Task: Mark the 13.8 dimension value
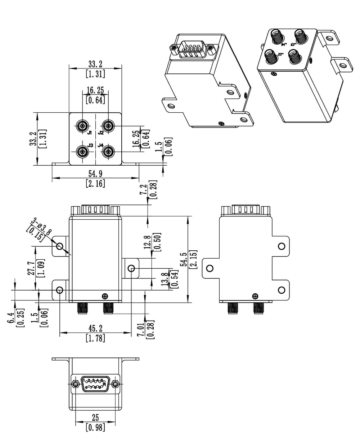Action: [165, 279]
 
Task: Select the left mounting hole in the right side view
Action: [210, 268]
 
